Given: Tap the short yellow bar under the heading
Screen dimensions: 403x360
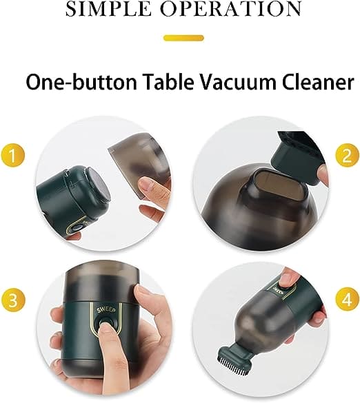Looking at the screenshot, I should tap(183, 37).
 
